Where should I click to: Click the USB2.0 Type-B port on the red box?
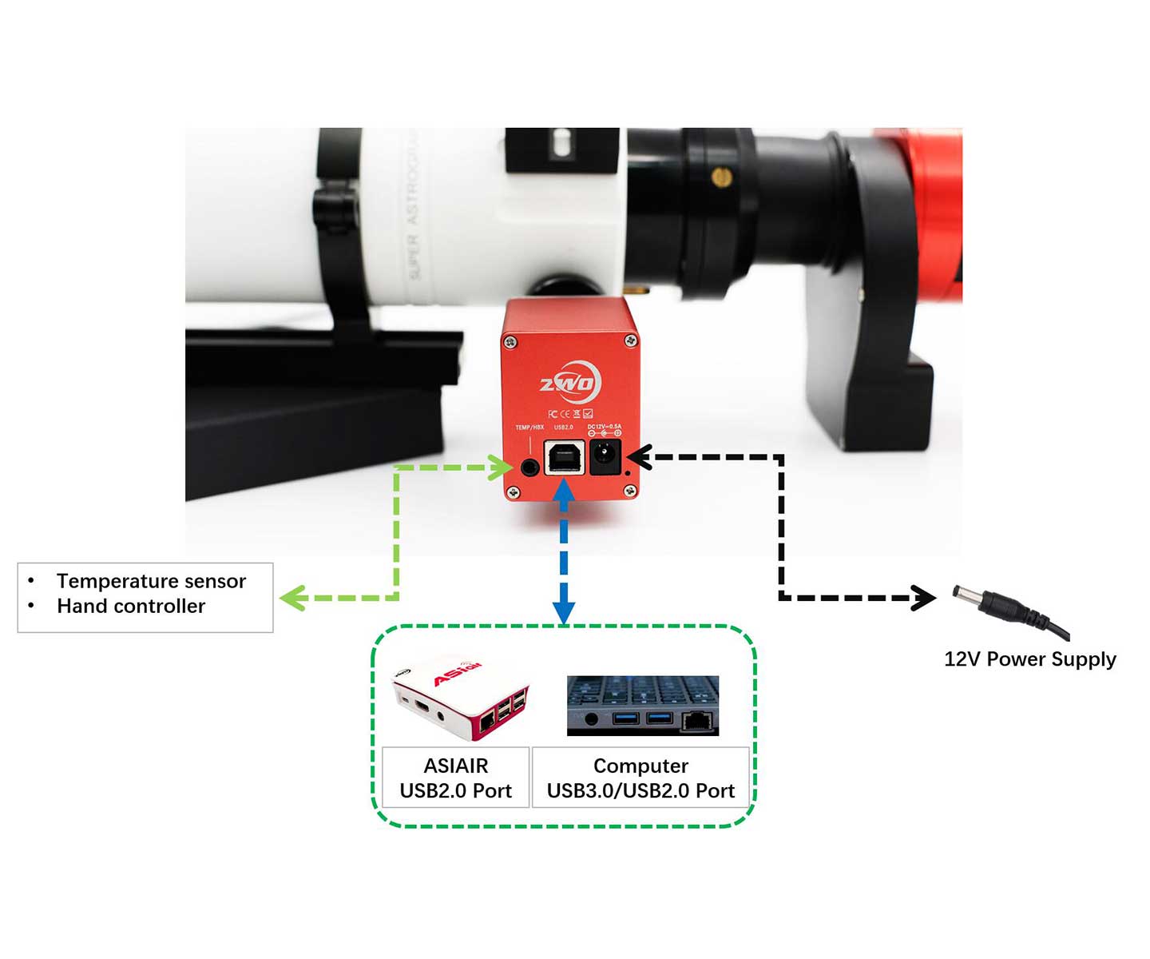click(565, 458)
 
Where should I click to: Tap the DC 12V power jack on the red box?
click(605, 457)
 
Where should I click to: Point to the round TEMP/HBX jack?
click(529, 467)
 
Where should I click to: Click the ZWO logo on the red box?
click(569, 384)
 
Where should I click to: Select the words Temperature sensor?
click(151, 581)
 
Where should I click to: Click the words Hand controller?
click(131, 607)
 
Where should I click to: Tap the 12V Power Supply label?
click(1029, 659)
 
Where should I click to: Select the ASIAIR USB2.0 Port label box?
click(455, 778)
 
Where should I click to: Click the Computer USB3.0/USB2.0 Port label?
click(640, 778)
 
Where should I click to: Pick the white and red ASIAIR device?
click(460, 695)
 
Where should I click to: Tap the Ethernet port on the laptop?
click(697, 722)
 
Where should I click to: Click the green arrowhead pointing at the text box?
click(292, 597)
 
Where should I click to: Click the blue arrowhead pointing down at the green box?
click(564, 612)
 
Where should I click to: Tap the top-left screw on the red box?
click(510, 342)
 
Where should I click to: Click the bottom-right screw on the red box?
click(630, 491)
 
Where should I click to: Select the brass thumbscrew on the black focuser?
click(721, 177)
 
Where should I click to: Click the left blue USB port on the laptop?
click(625, 718)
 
